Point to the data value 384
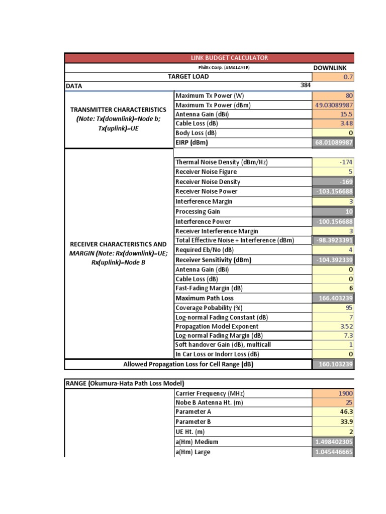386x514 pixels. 306,85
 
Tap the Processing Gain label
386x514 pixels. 198,211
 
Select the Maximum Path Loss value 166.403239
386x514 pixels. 334,298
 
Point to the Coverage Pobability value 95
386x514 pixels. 349,308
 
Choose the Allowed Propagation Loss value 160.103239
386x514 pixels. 334,364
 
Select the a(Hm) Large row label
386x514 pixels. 193,451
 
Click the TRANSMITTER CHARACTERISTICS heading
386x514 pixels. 118,109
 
